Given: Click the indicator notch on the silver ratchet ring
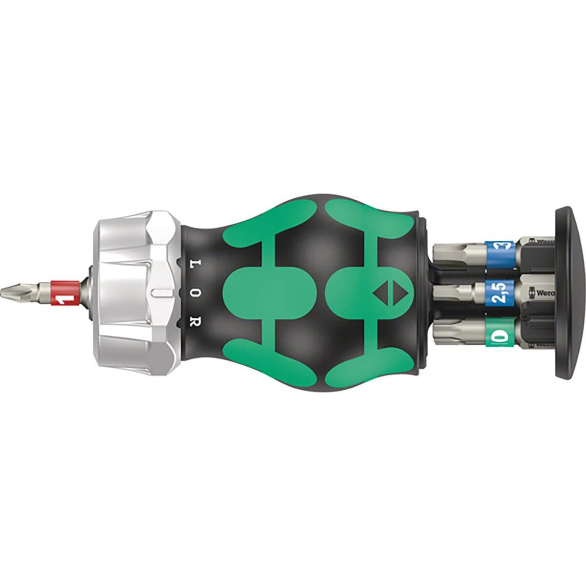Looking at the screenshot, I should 159,293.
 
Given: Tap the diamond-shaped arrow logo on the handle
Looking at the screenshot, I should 384,293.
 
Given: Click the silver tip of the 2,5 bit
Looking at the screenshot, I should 452,294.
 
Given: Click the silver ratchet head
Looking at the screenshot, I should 132,293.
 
